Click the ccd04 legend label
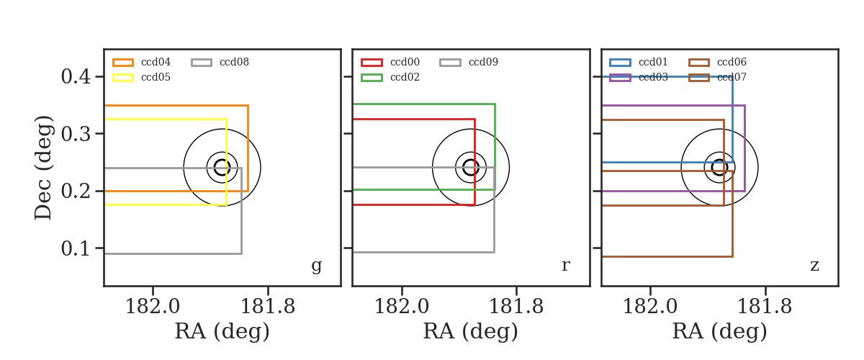[x=156, y=62]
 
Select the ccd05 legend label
[x=156, y=77]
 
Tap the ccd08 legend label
[x=234, y=62]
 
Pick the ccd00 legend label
[x=405, y=62]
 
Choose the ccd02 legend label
[x=405, y=77]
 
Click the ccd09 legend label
[x=483, y=62]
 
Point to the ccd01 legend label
[x=653, y=62]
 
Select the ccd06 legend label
[x=732, y=62]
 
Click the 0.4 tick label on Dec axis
[x=76, y=76]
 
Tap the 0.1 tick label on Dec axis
[x=76, y=248]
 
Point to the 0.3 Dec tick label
[x=76, y=133]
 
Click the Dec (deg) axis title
[x=42, y=168]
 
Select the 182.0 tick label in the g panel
[x=153, y=307]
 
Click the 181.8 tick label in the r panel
[x=516, y=307]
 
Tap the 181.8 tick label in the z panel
[x=765, y=307]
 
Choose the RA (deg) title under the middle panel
[x=471, y=331]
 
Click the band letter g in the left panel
[x=317, y=266]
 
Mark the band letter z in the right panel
[x=814, y=266]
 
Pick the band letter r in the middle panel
[x=566, y=266]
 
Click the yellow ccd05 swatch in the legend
[x=123, y=78]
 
